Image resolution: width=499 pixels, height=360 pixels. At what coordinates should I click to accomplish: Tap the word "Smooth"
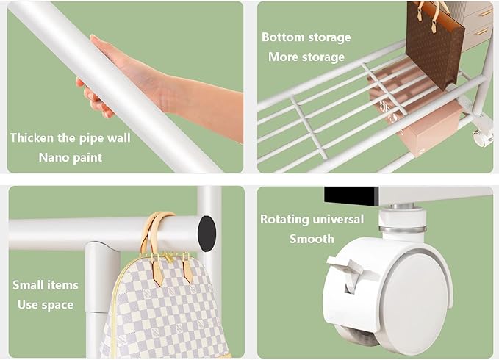(312, 239)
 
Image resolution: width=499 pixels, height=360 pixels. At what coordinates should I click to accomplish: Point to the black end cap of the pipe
(207, 234)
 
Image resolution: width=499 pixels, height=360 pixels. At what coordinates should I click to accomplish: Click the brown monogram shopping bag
(435, 45)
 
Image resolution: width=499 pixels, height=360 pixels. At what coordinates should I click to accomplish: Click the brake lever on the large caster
(345, 270)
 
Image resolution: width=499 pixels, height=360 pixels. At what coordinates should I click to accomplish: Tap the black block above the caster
(352, 195)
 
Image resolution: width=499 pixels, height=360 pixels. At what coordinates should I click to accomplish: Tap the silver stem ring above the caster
(403, 229)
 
